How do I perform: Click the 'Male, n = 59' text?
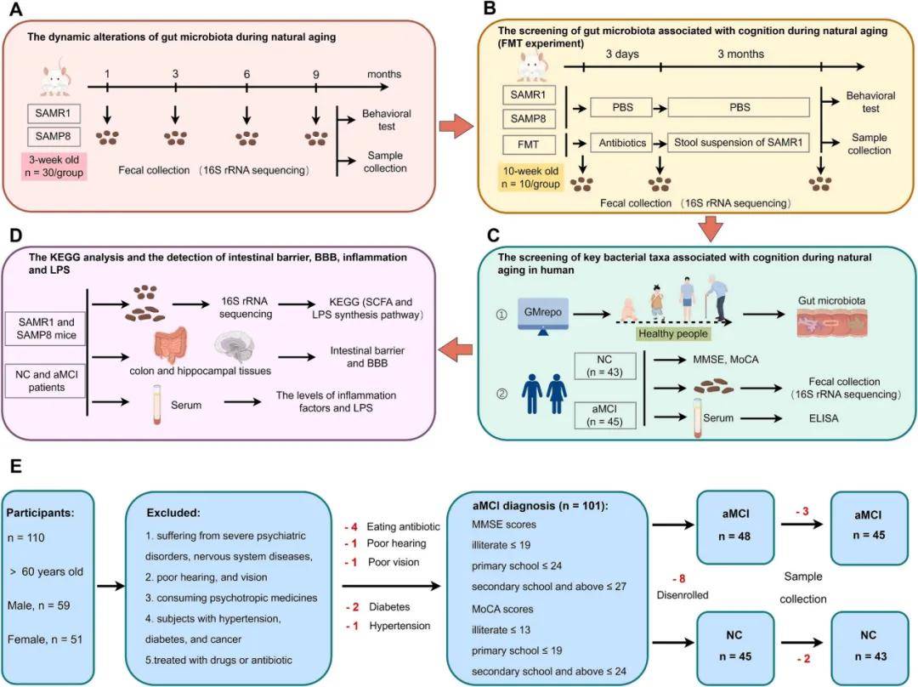(43, 605)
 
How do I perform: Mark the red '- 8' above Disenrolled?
(678, 579)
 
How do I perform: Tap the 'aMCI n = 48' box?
(735, 523)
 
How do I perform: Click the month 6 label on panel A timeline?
(246, 75)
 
